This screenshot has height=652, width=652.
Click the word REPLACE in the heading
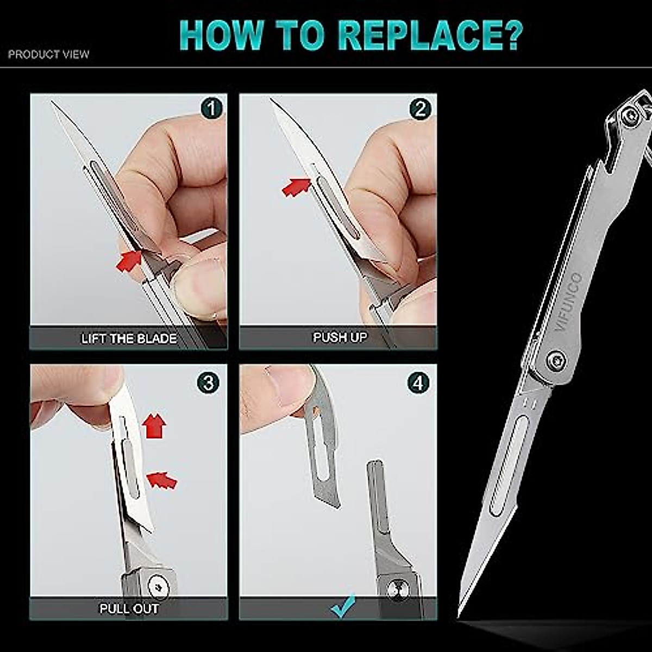(x=430, y=35)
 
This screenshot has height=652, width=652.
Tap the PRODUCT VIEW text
(x=49, y=54)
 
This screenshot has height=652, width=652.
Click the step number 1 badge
(x=211, y=108)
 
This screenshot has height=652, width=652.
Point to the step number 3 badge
(x=208, y=383)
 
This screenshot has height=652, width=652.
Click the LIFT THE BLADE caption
(x=129, y=338)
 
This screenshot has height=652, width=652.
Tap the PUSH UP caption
(x=340, y=337)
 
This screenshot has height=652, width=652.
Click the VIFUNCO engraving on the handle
(x=568, y=302)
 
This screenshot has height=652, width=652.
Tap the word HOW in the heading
(x=221, y=35)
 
